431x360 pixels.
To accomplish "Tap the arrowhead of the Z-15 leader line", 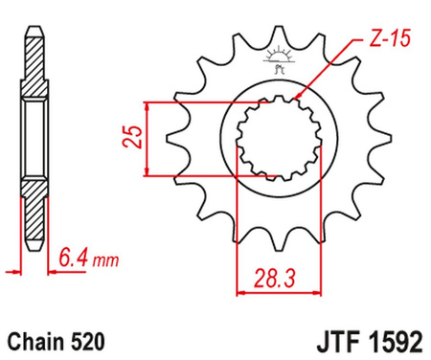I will coord(298,98).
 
